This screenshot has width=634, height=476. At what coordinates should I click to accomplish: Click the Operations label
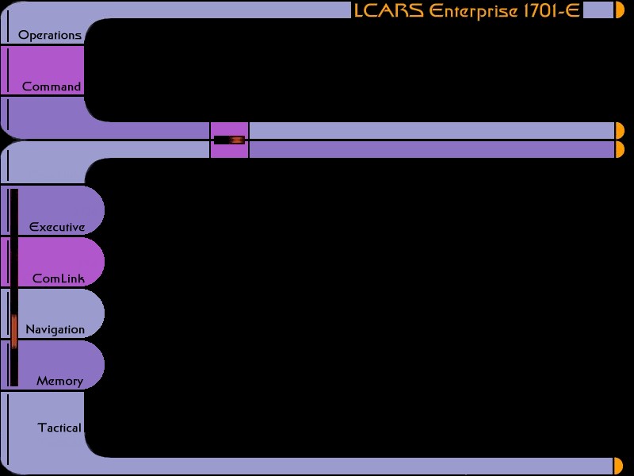[x=50, y=36]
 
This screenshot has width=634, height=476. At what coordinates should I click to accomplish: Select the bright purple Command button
[x=44, y=71]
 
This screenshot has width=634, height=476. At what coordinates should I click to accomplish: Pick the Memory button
[x=59, y=367]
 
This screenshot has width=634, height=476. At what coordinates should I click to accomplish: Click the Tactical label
[x=59, y=428]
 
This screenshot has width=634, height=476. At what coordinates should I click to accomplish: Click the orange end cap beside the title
[x=620, y=10]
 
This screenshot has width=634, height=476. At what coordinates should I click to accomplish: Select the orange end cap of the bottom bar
[x=619, y=466]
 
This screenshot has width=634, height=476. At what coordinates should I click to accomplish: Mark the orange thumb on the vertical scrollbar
[x=14, y=331]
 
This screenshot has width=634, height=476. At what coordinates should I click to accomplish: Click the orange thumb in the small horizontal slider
[x=237, y=140]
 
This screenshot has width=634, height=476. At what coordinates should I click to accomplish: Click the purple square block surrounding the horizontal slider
[x=229, y=128]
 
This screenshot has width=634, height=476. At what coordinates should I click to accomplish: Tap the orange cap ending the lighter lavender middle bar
[x=619, y=130]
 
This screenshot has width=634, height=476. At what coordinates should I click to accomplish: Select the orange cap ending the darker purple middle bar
[x=619, y=149]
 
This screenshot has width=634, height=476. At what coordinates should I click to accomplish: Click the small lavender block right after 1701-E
[x=598, y=10]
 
